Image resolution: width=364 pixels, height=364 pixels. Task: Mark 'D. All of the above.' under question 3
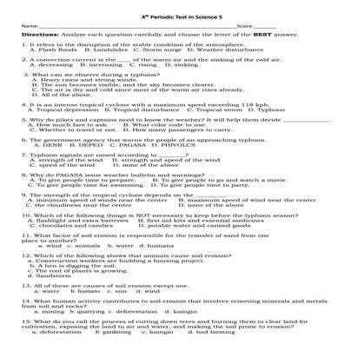[x=61, y=94]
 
